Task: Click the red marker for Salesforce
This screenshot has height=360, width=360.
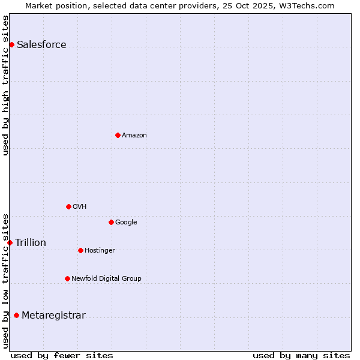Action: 11,44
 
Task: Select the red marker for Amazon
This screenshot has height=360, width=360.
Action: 118,135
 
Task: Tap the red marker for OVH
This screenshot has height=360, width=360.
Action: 68,206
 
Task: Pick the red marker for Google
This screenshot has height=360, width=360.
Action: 111,222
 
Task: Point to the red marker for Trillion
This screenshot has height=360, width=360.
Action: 10,242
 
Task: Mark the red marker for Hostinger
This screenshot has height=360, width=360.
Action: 80,250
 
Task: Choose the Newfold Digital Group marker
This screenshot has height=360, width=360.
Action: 67,278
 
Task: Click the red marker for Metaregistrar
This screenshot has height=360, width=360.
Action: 16,316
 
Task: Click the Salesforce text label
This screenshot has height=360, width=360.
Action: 41,45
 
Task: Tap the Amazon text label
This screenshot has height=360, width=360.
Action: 134,136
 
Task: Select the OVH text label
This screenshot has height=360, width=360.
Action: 79,207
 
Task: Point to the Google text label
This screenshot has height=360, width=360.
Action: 126,223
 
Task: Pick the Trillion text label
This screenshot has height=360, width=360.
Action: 31,243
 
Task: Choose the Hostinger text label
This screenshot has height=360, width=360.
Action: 100,251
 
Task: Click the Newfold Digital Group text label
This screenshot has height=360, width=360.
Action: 106,279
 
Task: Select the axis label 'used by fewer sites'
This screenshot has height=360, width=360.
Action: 62,355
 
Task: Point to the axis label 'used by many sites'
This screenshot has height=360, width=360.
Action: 301,355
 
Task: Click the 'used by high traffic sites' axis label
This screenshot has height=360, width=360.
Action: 6,85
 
